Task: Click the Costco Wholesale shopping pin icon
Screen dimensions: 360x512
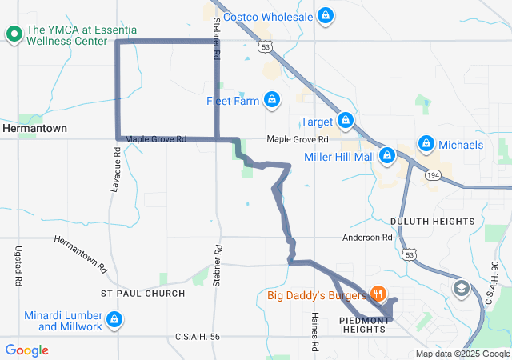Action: pyautogui.click(x=325, y=16)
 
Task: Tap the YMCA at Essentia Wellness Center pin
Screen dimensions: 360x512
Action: pyautogui.click(x=14, y=34)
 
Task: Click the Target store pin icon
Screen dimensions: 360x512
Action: pyautogui.click(x=346, y=121)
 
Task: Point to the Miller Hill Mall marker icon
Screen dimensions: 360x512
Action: pyautogui.click(x=387, y=155)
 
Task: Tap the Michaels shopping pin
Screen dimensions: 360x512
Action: pyautogui.click(x=426, y=144)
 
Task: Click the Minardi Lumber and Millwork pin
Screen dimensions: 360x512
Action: pyautogui.click(x=115, y=320)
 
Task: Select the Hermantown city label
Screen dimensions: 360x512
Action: pyautogui.click(x=34, y=128)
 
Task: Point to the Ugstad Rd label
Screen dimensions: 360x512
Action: pyautogui.click(x=18, y=266)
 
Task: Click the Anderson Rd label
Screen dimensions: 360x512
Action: pyautogui.click(x=367, y=238)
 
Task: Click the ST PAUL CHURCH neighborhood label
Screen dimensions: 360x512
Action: pyautogui.click(x=143, y=294)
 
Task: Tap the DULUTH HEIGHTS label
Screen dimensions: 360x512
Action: pyautogui.click(x=432, y=221)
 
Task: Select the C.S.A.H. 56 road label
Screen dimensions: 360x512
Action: pyautogui.click(x=197, y=337)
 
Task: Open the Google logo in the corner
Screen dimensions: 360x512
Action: pyautogui.click(x=27, y=350)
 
